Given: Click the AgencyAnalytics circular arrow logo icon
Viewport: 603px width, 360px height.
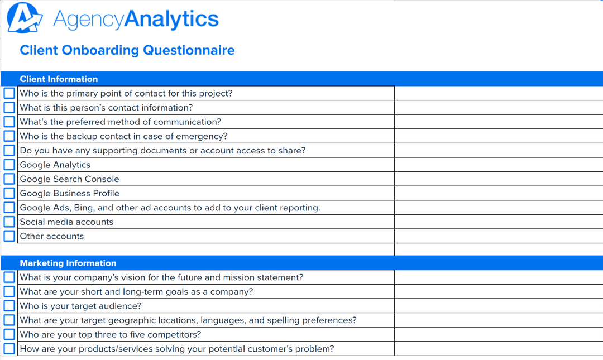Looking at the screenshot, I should click(x=25, y=18).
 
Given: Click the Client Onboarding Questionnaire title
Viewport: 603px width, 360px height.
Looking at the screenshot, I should click(x=127, y=50).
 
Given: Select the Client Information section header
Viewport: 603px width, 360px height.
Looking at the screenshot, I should click(x=59, y=79).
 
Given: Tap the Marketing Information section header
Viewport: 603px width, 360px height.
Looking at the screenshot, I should click(x=68, y=263).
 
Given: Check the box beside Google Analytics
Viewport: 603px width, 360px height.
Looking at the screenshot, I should click(x=9, y=165).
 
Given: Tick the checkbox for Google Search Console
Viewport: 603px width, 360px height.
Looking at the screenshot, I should click(x=9, y=179).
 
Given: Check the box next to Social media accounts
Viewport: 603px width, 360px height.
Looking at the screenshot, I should click(x=9, y=222).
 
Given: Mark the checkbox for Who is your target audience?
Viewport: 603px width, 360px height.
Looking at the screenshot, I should click(x=9, y=306).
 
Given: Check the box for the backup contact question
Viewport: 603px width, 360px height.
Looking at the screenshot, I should click(x=9, y=136).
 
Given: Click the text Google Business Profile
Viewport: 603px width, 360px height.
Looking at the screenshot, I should click(x=69, y=193).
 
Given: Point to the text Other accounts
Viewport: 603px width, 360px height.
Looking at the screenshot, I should click(x=51, y=236).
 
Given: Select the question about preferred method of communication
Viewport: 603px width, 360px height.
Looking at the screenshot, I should click(x=120, y=122).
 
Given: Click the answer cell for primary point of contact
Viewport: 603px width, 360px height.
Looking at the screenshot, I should click(x=498, y=93).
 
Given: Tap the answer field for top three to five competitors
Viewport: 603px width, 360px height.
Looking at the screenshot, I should click(x=498, y=334).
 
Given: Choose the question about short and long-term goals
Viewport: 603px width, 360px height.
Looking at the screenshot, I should click(x=136, y=291).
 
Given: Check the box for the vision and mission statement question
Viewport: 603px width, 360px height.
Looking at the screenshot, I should click(x=9, y=277).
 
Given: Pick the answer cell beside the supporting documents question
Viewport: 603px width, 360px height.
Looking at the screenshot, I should click(x=498, y=151).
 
